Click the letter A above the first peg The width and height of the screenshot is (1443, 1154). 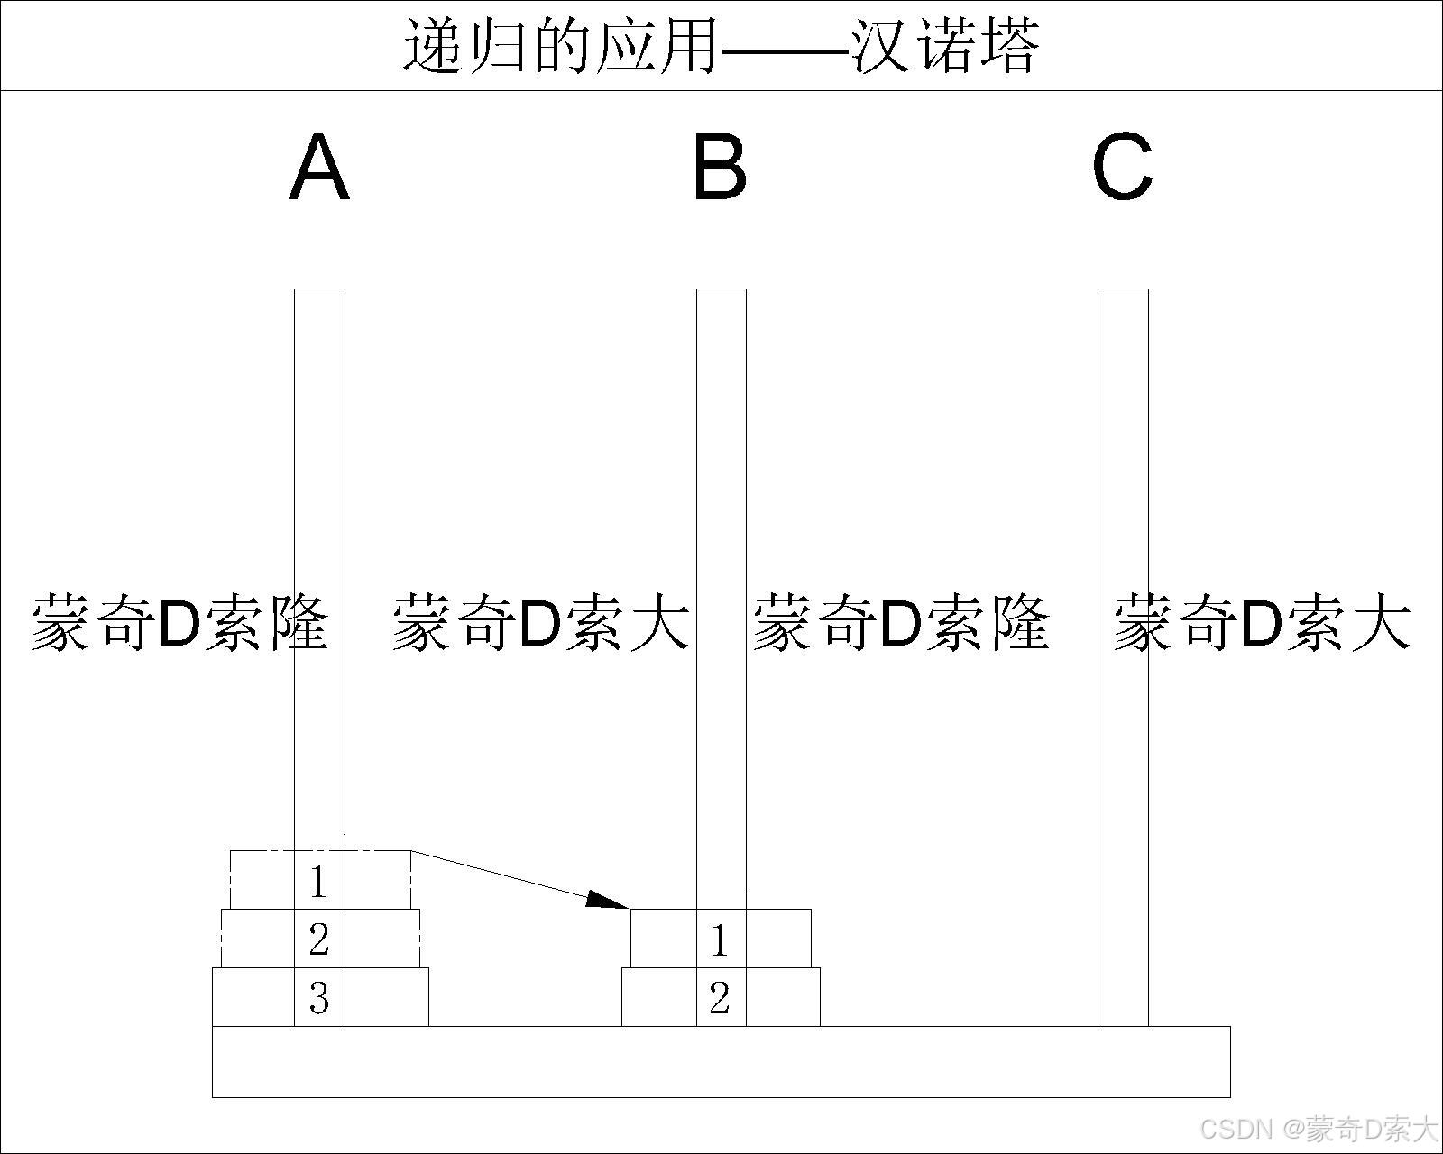coord(319,168)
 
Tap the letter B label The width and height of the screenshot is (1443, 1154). coord(720,168)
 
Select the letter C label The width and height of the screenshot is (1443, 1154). coord(1122,168)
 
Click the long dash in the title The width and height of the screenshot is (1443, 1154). coord(785,47)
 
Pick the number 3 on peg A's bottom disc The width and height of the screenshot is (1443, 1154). coord(318,998)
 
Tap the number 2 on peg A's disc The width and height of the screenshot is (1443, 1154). coord(318,939)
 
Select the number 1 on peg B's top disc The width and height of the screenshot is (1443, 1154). coord(719,940)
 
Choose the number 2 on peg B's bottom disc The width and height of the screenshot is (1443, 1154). coord(719,998)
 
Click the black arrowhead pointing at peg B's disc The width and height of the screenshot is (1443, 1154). coord(606,900)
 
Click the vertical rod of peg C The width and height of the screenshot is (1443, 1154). coord(1123,451)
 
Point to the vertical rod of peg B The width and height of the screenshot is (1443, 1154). coord(721,451)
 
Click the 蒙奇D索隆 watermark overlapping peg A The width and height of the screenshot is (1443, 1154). coord(180,622)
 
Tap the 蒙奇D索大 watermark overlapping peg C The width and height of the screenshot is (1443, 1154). coord(1263,622)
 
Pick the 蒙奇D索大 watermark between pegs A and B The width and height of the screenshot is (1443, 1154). coord(541,622)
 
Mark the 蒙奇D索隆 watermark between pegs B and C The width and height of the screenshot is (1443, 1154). coord(902,622)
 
